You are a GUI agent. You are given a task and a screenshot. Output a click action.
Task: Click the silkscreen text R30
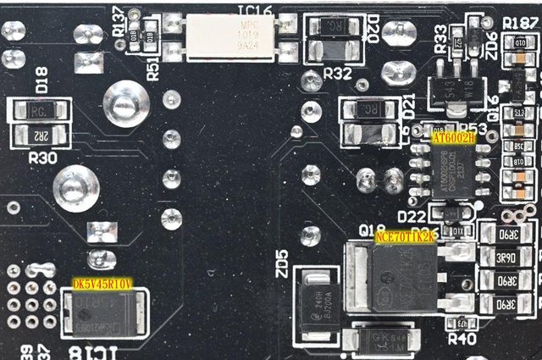coord(42,157)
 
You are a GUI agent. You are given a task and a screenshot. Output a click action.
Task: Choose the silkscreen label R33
coord(441,40)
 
